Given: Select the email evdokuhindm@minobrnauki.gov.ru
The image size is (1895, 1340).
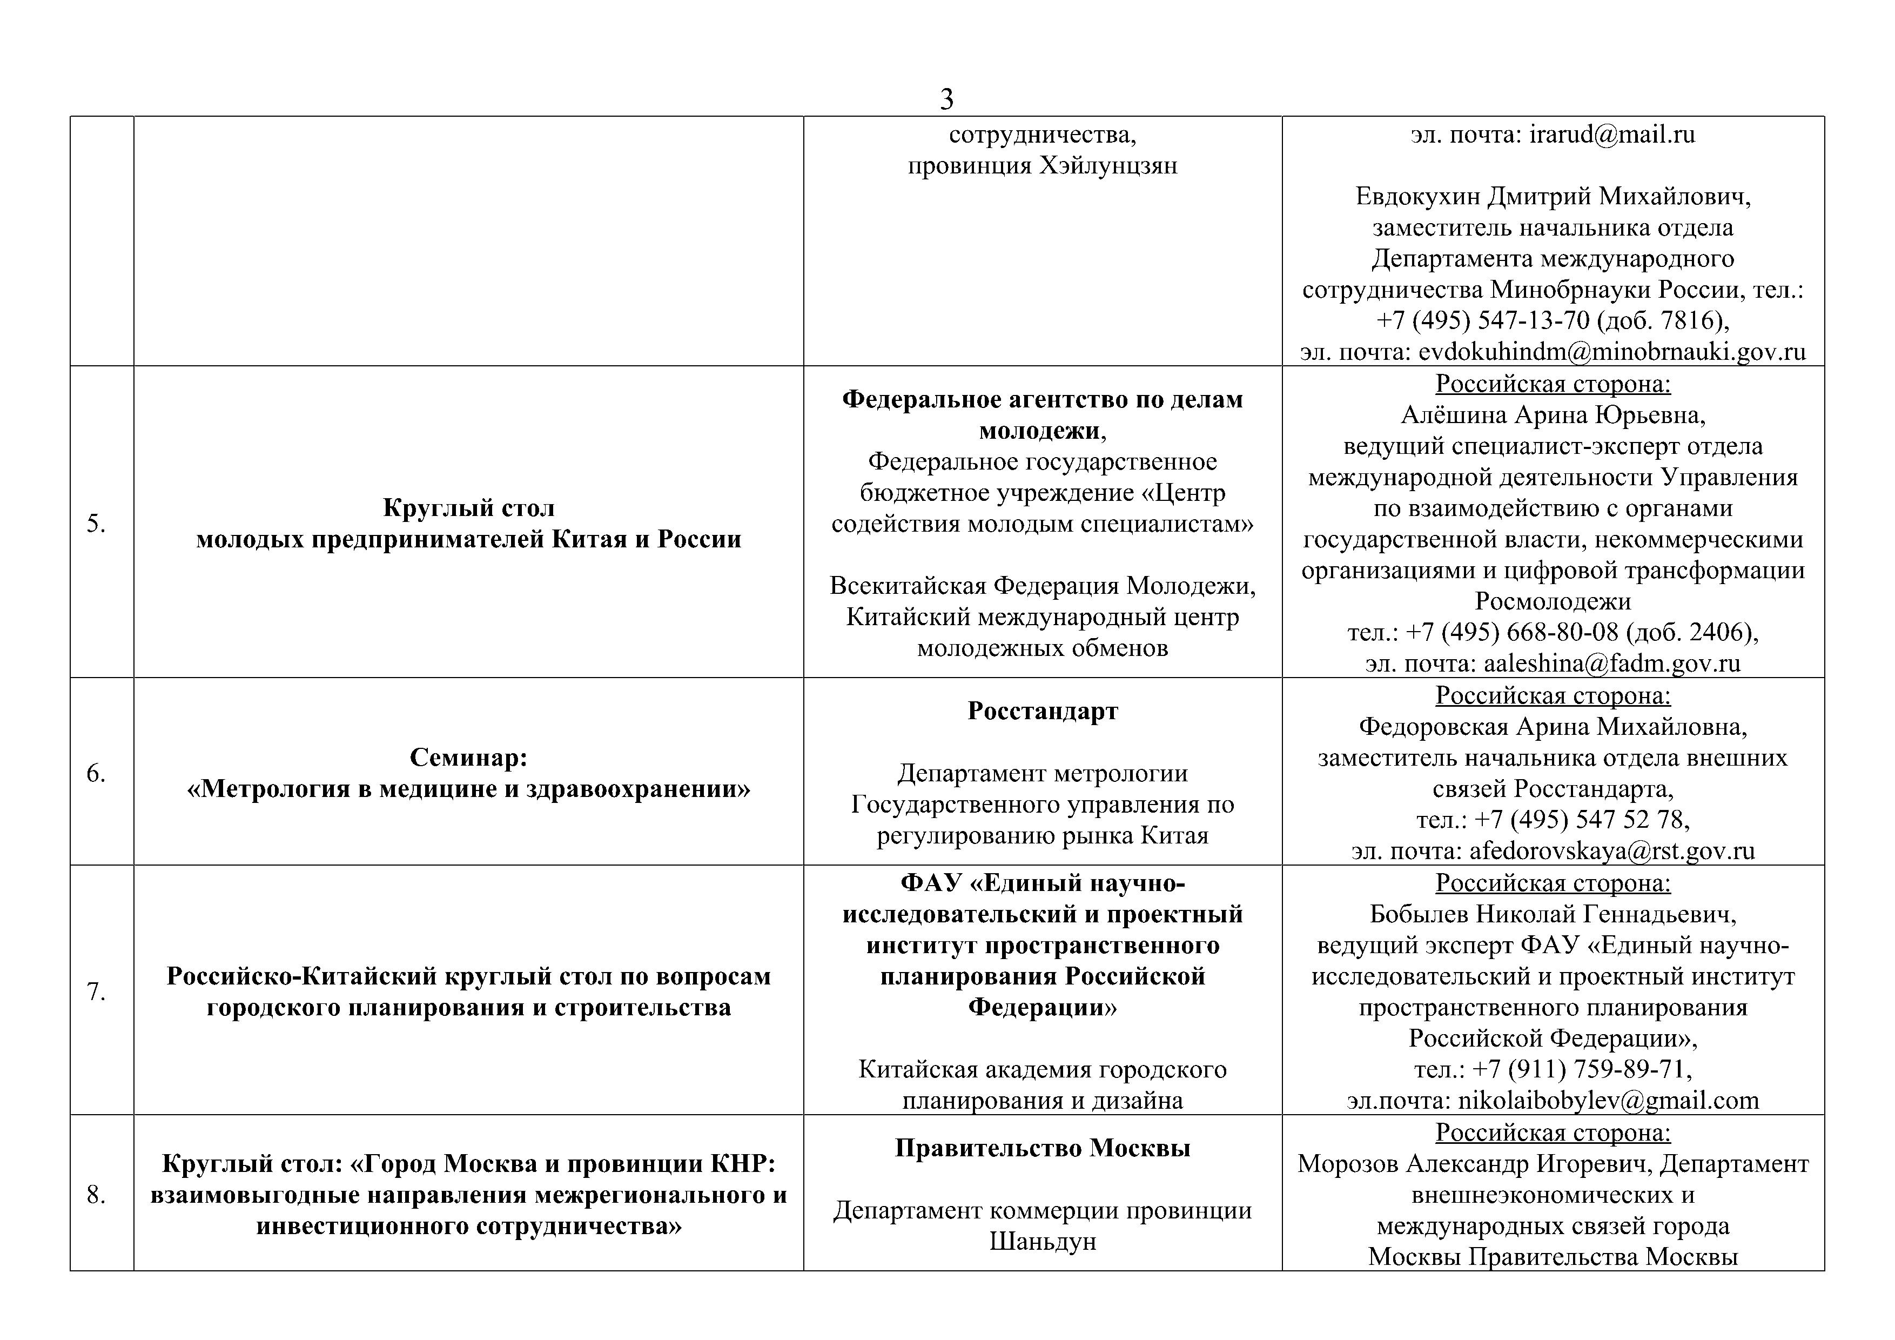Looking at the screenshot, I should pyautogui.click(x=1612, y=352).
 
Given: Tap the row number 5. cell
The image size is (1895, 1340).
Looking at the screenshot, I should pyautogui.click(x=97, y=522).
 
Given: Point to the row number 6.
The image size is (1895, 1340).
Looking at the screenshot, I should pyautogui.click(x=97, y=773).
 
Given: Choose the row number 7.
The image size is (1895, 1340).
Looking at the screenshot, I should pyautogui.click(x=97, y=991).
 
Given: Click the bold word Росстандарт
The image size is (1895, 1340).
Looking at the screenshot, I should pyautogui.click(x=1043, y=711).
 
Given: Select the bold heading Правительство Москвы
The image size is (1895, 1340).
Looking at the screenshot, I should pyautogui.click(x=1043, y=1148).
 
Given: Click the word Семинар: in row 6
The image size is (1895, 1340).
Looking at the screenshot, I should pyautogui.click(x=468, y=757).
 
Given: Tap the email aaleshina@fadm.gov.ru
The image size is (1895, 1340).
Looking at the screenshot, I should pyautogui.click(x=1612, y=664).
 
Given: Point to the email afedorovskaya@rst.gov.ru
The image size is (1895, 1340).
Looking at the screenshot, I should pyautogui.click(x=1612, y=850).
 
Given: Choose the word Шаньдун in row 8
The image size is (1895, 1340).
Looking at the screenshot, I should pyautogui.click(x=1043, y=1242).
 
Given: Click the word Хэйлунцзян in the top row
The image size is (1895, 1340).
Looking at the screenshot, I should pyautogui.click(x=1107, y=166).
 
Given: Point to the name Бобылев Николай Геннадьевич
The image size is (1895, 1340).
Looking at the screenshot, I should pyautogui.click(x=1553, y=914).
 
